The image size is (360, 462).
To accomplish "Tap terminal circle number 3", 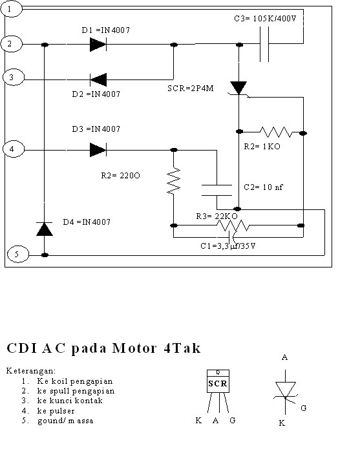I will tap(13, 78).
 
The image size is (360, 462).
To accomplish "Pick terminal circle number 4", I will tap(13, 150).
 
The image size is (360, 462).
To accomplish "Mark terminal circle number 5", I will tap(17, 255).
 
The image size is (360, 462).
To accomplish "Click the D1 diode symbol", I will tap(98, 45).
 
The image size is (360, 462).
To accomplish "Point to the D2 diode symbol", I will tap(98, 79).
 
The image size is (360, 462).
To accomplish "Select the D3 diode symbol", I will tap(98, 150).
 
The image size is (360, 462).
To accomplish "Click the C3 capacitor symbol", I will tap(264, 45).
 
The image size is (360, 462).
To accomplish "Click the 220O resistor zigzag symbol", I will tap(173, 182).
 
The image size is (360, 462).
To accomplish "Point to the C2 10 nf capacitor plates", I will tap(217, 189).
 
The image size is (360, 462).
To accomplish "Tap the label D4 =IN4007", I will tap(87, 222).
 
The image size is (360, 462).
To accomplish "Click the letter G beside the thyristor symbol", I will tap(304, 408).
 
